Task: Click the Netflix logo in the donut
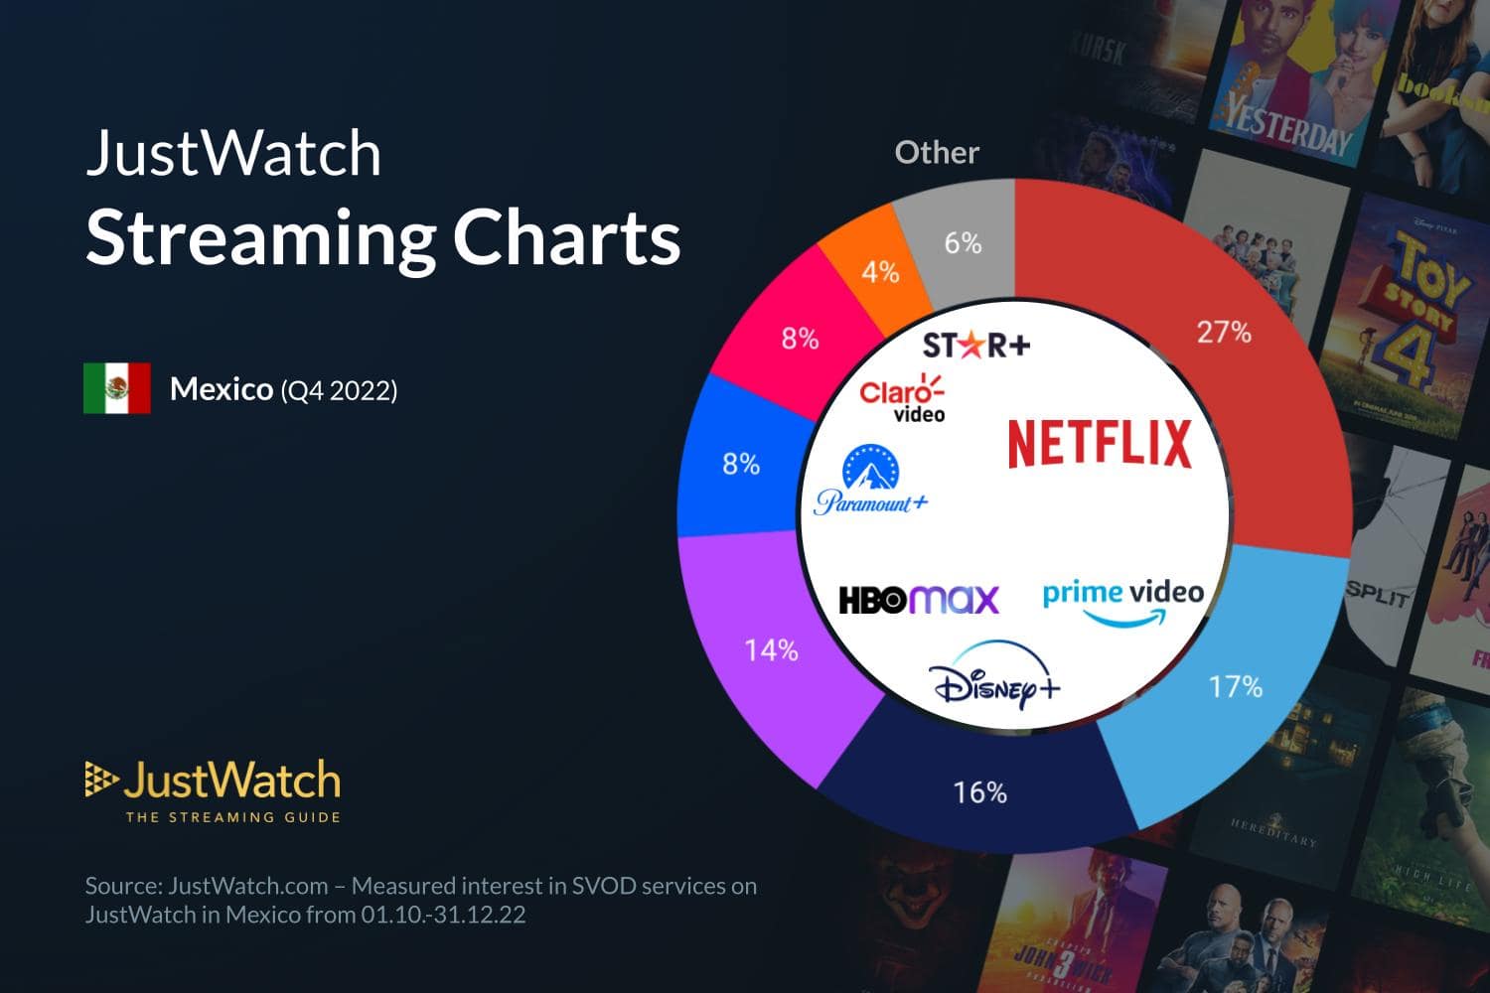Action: click(1100, 444)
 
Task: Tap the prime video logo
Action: click(1122, 600)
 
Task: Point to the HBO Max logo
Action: click(919, 599)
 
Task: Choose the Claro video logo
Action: click(902, 398)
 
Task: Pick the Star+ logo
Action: click(976, 345)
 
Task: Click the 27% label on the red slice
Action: click(1224, 332)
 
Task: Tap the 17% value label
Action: click(1235, 686)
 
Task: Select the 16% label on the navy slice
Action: click(979, 791)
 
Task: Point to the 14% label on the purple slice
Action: click(772, 649)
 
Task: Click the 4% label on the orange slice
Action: click(880, 271)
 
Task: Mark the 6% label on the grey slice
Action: click(963, 242)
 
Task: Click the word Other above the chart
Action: click(937, 152)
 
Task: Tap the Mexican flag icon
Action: click(117, 388)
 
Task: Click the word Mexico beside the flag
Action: click(221, 388)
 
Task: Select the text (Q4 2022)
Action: click(339, 390)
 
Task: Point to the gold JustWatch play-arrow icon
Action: click(100, 780)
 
